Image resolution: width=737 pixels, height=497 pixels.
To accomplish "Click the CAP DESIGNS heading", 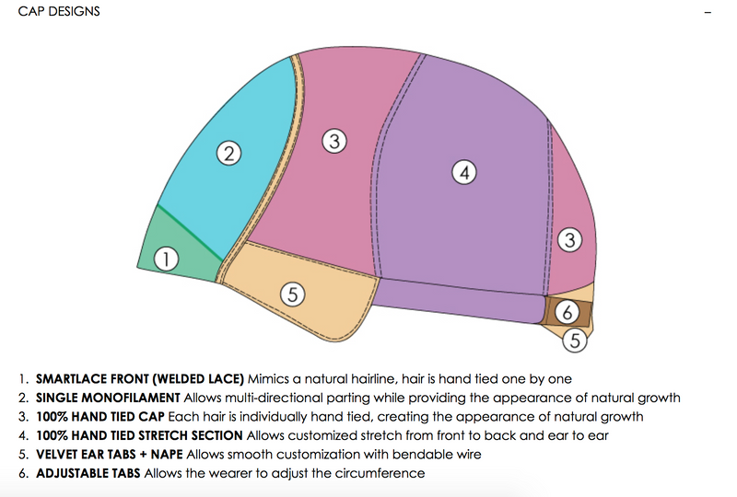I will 59,12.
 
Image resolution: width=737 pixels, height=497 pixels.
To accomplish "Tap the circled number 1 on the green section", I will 166,260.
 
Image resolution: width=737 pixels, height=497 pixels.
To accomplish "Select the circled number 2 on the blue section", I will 228,153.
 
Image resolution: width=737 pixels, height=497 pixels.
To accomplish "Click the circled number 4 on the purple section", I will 466,172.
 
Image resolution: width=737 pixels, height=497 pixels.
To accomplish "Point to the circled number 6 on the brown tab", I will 569,310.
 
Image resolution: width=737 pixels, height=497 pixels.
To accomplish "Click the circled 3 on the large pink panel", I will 334,142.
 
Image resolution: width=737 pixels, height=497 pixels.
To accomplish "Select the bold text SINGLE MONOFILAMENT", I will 108,399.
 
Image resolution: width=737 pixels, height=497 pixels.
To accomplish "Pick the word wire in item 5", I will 470,455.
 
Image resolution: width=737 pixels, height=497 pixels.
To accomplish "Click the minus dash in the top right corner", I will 708,14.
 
